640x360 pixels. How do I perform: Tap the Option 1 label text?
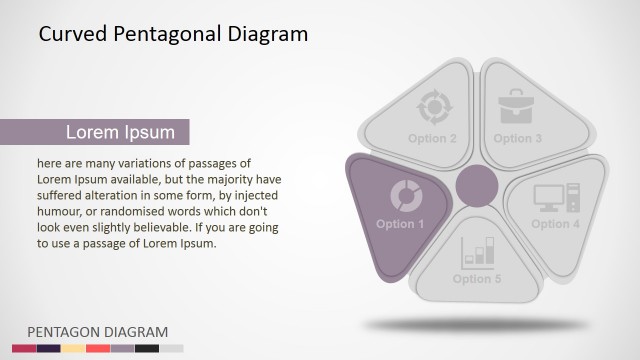click(400, 224)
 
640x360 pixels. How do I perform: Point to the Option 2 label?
click(432, 138)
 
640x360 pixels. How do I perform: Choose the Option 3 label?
click(518, 138)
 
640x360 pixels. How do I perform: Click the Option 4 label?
click(555, 224)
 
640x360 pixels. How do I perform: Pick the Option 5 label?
click(477, 279)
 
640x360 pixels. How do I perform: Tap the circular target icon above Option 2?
click(433, 106)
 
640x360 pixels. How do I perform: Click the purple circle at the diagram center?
click(477, 187)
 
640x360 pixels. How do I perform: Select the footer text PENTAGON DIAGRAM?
click(97, 331)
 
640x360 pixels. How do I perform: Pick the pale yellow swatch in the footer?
click(73, 348)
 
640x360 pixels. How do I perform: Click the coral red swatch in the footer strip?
click(98, 348)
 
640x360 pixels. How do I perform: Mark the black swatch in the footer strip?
click(147, 348)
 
